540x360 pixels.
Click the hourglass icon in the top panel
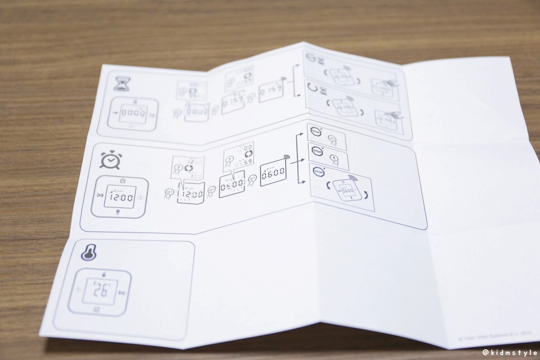point(120,83)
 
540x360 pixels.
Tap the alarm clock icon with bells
point(110,160)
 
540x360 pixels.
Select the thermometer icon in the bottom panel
point(88,253)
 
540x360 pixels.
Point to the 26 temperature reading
point(101,291)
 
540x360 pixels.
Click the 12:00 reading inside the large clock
point(120,197)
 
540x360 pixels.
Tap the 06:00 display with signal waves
point(273,172)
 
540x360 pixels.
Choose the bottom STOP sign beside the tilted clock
point(319,172)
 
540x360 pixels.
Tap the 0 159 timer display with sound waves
point(272,89)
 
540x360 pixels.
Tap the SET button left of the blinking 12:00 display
point(169,192)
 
